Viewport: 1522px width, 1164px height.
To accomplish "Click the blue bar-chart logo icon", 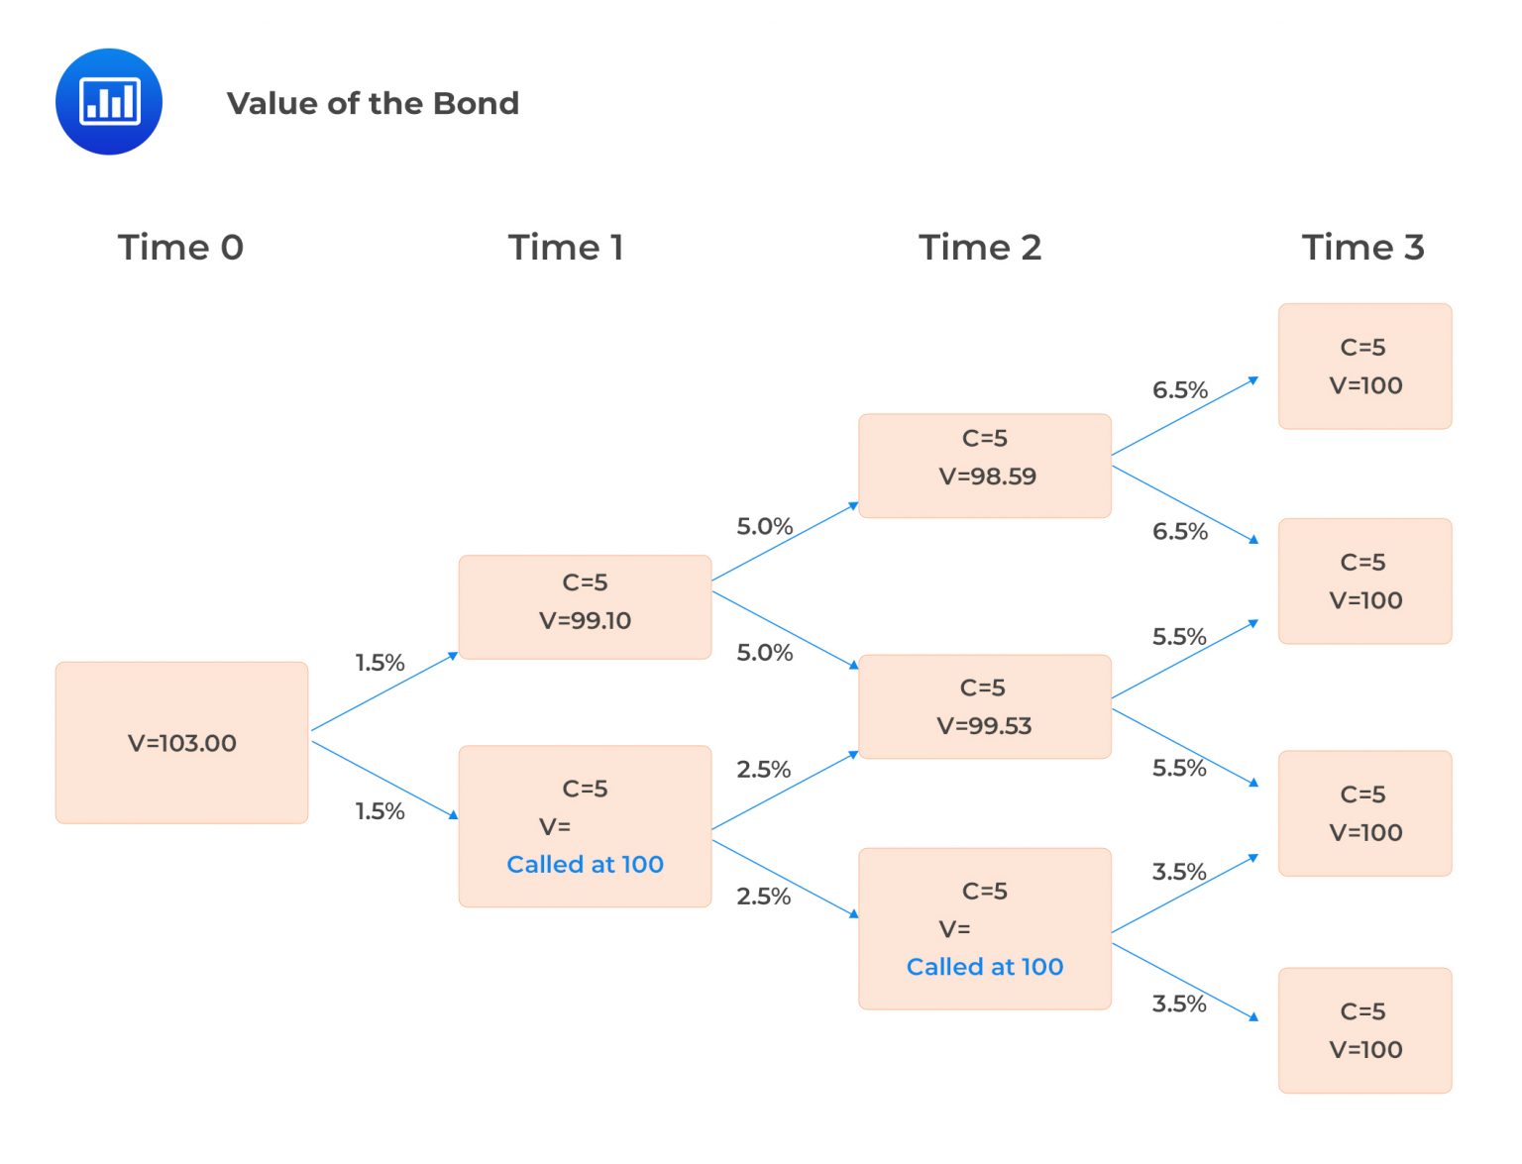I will click(109, 101).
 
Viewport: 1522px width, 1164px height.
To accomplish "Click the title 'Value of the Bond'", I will click(373, 103).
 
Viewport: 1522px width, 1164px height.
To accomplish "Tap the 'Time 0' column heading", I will click(180, 247).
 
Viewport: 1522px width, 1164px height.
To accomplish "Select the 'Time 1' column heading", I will click(566, 247).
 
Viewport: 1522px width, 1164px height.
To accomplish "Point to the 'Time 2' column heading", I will click(980, 247).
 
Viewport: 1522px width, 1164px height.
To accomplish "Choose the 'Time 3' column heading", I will click(1362, 247).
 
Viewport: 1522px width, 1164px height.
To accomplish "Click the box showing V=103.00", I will click(182, 743).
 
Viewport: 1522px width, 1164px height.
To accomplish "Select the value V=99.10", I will click(585, 620).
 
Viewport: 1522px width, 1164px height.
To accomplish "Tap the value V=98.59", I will click(987, 476).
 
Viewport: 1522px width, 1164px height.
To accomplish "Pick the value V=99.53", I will click(984, 726).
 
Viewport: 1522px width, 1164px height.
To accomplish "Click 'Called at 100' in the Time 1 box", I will click(585, 865).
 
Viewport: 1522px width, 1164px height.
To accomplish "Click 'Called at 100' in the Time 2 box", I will click(984, 967).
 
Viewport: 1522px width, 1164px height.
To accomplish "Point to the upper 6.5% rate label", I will click(1179, 390).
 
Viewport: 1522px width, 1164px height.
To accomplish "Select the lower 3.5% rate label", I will click(1178, 1004).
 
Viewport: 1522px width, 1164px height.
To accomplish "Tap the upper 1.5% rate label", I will click(380, 663).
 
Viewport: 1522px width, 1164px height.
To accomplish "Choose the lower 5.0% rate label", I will click(764, 653).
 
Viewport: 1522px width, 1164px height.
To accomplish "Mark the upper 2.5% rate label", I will click(763, 770).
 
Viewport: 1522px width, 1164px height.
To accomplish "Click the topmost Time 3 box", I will click(1364, 367).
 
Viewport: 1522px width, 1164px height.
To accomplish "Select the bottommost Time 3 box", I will click(1364, 1030).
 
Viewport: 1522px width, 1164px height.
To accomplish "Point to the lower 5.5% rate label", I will click(1178, 768).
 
